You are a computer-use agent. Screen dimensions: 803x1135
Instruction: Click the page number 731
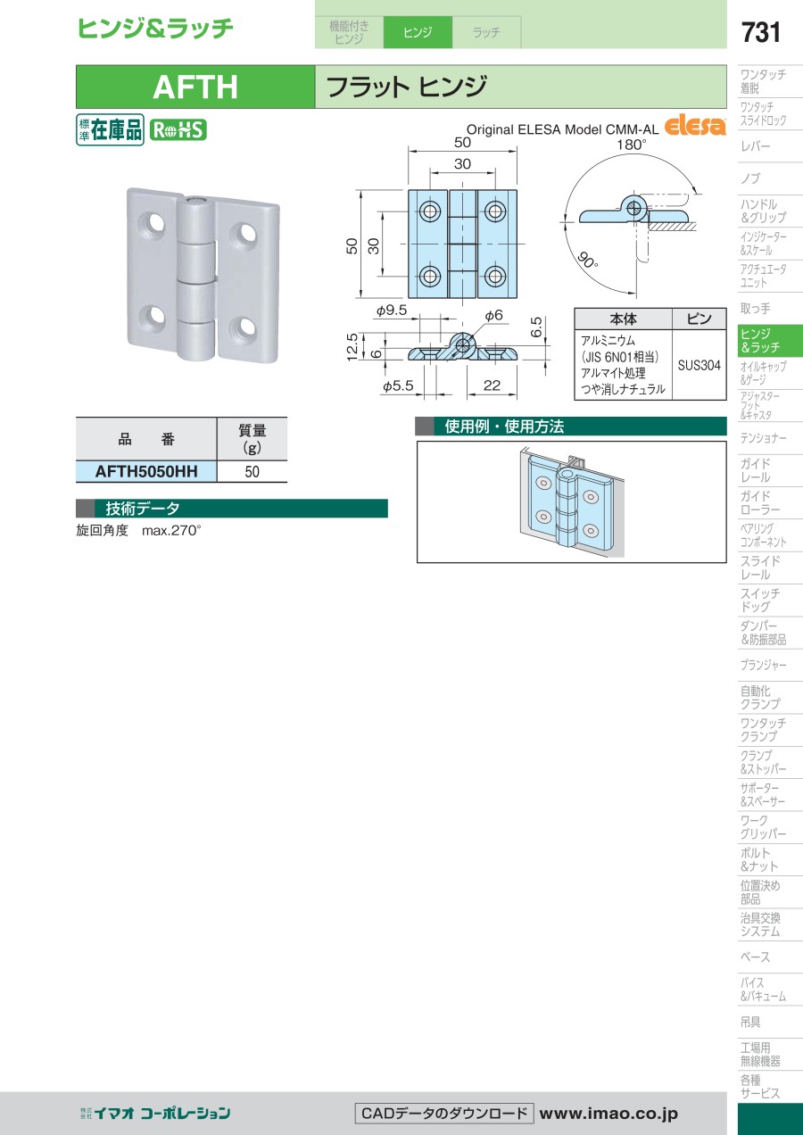[x=761, y=33]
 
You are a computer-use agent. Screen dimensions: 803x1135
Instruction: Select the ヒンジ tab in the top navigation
[x=418, y=32]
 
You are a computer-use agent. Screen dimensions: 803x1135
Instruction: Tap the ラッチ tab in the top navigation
[x=486, y=32]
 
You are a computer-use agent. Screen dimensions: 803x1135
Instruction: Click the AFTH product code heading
[x=195, y=87]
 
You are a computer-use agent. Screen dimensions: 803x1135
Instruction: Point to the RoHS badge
[x=178, y=129]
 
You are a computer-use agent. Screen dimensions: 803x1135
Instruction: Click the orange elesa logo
[x=695, y=125]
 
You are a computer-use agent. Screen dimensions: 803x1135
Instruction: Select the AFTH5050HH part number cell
[x=146, y=471]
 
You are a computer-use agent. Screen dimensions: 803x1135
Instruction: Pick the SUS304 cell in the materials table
[x=700, y=365]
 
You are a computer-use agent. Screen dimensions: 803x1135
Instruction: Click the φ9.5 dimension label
[x=391, y=311]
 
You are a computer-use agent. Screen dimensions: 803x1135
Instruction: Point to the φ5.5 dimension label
[x=398, y=386]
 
